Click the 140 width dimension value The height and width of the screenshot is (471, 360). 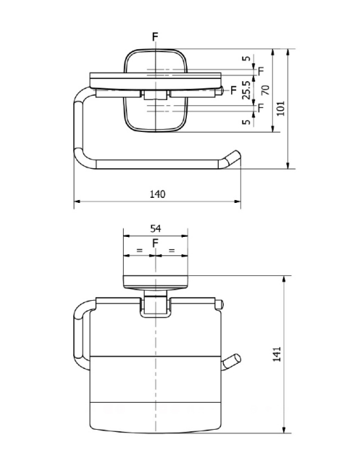(158, 194)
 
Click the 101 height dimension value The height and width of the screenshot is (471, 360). (280, 109)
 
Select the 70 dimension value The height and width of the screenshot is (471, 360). (265, 90)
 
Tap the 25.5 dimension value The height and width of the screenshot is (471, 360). (246, 90)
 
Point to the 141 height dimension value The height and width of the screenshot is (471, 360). (277, 354)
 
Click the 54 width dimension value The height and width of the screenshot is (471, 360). (156, 228)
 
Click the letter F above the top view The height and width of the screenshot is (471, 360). (155, 37)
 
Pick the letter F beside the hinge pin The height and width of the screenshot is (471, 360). (233, 90)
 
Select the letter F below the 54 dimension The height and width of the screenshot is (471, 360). (155, 243)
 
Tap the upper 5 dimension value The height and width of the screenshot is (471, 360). (246, 58)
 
